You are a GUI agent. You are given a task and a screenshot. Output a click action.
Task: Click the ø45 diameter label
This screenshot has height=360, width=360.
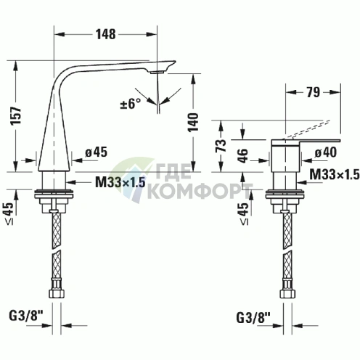[96, 152]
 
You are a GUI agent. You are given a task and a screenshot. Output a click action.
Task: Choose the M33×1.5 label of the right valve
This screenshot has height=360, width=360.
[335, 173]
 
